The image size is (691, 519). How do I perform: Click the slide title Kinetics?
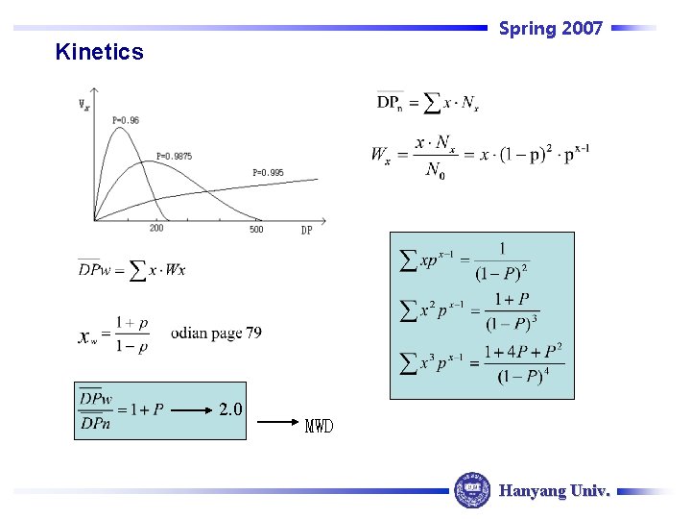click(x=99, y=52)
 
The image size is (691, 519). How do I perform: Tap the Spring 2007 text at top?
click(x=551, y=29)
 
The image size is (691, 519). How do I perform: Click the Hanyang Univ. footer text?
click(x=554, y=490)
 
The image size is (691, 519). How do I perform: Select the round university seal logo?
click(x=471, y=489)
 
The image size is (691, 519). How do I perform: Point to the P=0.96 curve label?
click(x=125, y=120)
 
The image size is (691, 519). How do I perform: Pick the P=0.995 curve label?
click(x=268, y=173)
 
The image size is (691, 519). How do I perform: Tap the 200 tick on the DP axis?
click(x=156, y=229)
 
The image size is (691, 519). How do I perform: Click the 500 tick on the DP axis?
click(x=256, y=229)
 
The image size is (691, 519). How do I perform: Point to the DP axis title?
click(x=306, y=230)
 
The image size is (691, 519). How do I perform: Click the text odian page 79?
click(x=216, y=334)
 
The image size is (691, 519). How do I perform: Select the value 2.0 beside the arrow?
click(x=230, y=409)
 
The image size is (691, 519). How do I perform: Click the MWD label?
click(x=319, y=426)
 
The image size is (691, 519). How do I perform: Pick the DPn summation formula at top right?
click(x=428, y=102)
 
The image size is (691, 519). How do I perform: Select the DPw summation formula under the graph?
click(x=131, y=269)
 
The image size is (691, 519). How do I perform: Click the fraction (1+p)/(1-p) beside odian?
click(x=131, y=334)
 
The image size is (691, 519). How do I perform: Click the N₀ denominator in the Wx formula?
click(x=435, y=171)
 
